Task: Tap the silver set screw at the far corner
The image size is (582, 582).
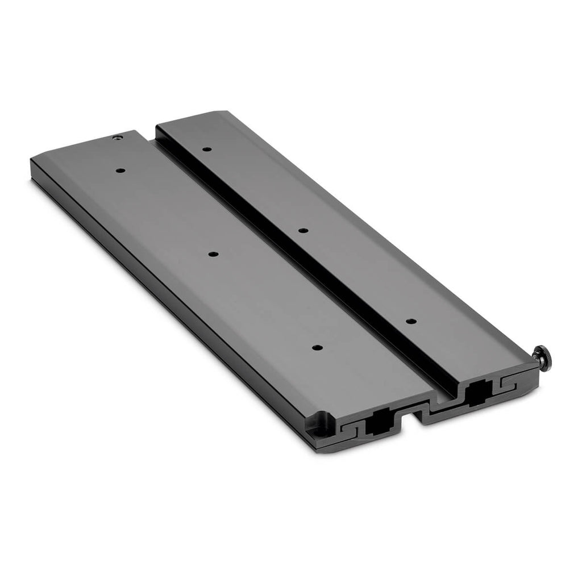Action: (117, 138)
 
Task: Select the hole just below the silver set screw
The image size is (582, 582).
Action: (120, 170)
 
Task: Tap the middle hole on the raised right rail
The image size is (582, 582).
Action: (303, 230)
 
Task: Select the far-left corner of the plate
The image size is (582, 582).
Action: (32, 161)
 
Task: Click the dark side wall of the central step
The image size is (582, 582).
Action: (296, 261)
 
